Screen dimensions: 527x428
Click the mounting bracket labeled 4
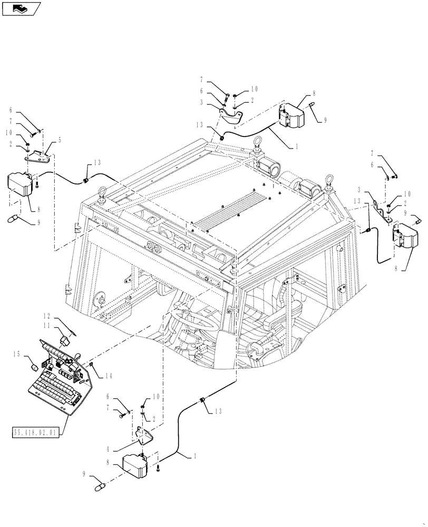143,435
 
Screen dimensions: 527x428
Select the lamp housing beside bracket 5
20,184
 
